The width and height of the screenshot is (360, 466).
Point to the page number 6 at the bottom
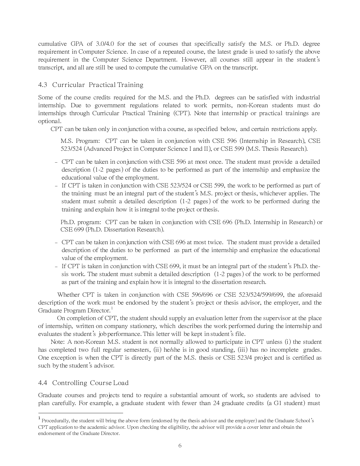pos(180,446)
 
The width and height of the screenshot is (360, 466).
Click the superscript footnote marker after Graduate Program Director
pos(112,308)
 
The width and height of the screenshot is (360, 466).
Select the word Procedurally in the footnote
pos(54,421)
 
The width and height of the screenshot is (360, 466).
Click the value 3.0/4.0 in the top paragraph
pos(104,44)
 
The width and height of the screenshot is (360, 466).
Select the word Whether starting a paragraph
pos(68,295)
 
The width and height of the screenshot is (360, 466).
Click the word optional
pos(49,121)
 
